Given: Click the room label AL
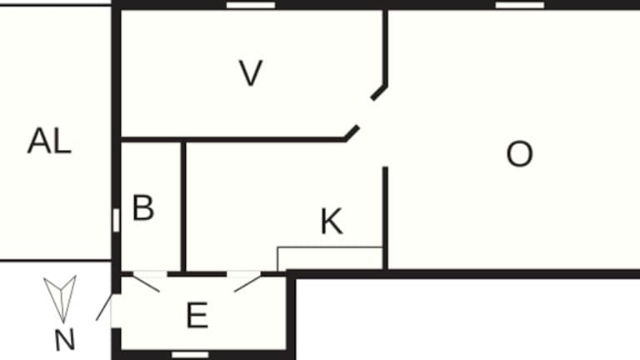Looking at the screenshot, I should pos(49,142).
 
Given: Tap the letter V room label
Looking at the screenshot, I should pos(250,74).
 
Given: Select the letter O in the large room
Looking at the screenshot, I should pos(519,154).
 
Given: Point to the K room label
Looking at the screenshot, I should pos(332,222).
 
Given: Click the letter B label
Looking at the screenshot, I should pos(143,208).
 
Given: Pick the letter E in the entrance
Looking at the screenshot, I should pos(197,317).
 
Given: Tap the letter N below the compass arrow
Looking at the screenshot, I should pos(64,340).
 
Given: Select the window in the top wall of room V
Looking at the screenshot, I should pos(251,5).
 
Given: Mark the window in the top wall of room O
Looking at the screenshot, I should pos(520,5).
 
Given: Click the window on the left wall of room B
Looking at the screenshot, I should pos(116,219).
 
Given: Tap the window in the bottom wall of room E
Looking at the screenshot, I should pos(190,354).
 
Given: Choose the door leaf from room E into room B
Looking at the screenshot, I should pos(147,282).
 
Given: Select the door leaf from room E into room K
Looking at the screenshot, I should pos(247,283).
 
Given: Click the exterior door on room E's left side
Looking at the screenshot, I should pos(103,308).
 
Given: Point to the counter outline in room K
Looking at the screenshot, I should pos(329,249).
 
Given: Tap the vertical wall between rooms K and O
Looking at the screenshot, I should pos(386,217).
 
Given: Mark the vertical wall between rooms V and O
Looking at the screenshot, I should pos(386,46).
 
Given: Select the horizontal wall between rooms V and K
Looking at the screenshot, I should pos(233,138).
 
